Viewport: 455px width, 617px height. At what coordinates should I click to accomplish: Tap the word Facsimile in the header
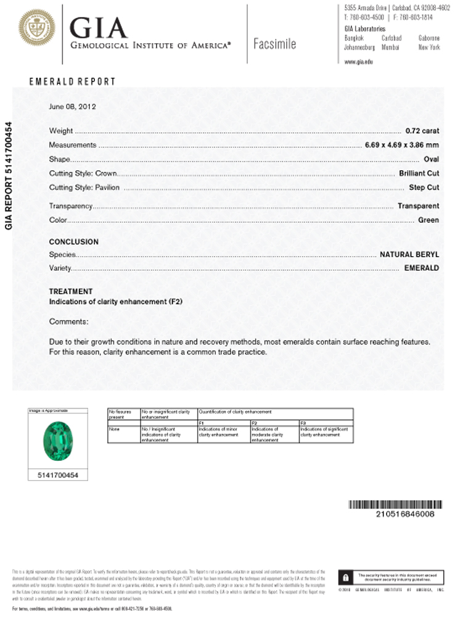tap(274, 44)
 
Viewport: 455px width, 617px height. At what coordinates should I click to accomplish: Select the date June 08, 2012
tap(72, 106)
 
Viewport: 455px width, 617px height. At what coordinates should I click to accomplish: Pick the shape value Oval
tap(431, 159)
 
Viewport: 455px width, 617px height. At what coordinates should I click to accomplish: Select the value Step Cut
tap(424, 188)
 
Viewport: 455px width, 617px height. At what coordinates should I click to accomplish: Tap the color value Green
tap(428, 220)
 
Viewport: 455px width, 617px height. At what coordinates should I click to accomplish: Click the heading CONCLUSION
tap(73, 242)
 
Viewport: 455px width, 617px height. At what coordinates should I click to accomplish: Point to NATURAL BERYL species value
tap(409, 254)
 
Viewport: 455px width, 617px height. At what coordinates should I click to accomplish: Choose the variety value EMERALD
tap(421, 268)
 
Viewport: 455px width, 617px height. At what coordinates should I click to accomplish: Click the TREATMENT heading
tap(70, 291)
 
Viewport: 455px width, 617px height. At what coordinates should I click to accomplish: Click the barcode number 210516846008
tap(404, 513)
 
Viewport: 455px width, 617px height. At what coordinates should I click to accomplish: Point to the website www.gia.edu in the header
tap(357, 62)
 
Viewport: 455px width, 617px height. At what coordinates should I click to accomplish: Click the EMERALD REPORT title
tap(73, 81)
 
